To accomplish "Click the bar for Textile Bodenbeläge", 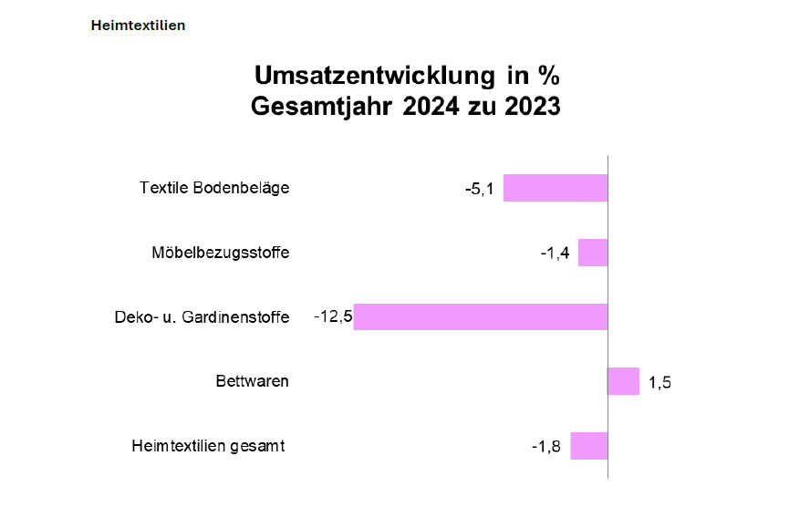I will (x=556, y=188).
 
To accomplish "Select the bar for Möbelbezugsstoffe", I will (x=593, y=253).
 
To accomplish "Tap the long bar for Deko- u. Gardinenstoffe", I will (x=481, y=316).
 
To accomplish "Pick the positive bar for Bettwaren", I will (x=624, y=381).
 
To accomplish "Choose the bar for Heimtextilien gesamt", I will (x=589, y=446).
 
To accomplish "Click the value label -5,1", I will (x=480, y=190).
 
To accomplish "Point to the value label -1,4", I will (x=555, y=254).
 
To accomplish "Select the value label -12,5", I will (x=333, y=317).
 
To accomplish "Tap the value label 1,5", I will (x=660, y=382).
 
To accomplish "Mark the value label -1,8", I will (x=547, y=447).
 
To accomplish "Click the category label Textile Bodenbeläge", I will (x=214, y=188).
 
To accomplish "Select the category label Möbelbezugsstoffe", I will (x=221, y=253).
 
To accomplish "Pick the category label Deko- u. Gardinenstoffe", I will (x=202, y=317).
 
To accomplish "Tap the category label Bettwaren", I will (x=253, y=381).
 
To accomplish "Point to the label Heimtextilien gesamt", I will (x=209, y=446).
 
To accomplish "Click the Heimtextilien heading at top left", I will (x=138, y=26).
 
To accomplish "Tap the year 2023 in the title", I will (x=527, y=107).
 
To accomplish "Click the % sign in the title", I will (x=548, y=74).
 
